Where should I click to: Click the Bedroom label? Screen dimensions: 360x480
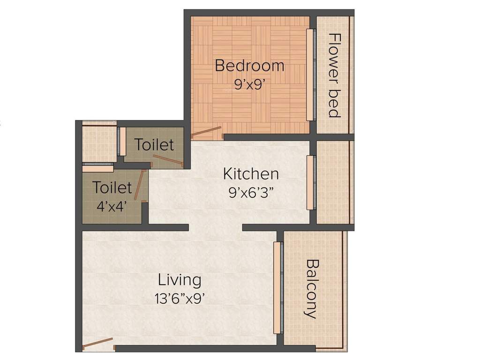(249, 66)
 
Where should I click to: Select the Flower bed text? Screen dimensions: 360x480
(334, 75)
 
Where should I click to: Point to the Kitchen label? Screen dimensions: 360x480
(251, 174)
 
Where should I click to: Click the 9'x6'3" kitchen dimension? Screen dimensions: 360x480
(251, 192)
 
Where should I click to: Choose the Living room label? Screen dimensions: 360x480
(180, 280)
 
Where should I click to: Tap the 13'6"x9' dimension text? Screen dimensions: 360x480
(180, 298)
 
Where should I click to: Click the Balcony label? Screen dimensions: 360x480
(311, 289)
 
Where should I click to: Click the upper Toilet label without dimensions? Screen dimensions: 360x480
(154, 145)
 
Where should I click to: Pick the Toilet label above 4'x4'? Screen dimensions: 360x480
(112, 188)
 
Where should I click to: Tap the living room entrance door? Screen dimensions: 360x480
(98, 343)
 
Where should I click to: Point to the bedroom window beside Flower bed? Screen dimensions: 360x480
(309, 75)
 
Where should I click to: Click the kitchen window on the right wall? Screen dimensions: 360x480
(309, 182)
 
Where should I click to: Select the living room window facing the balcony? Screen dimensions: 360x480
(277, 288)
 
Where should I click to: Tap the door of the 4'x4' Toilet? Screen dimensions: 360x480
(138, 186)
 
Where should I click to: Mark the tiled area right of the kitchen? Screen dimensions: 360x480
(334, 182)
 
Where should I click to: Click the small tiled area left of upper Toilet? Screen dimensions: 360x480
(99, 143)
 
